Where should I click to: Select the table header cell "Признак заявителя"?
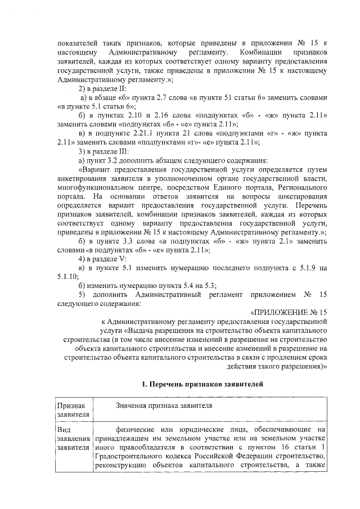tap(70, 409)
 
